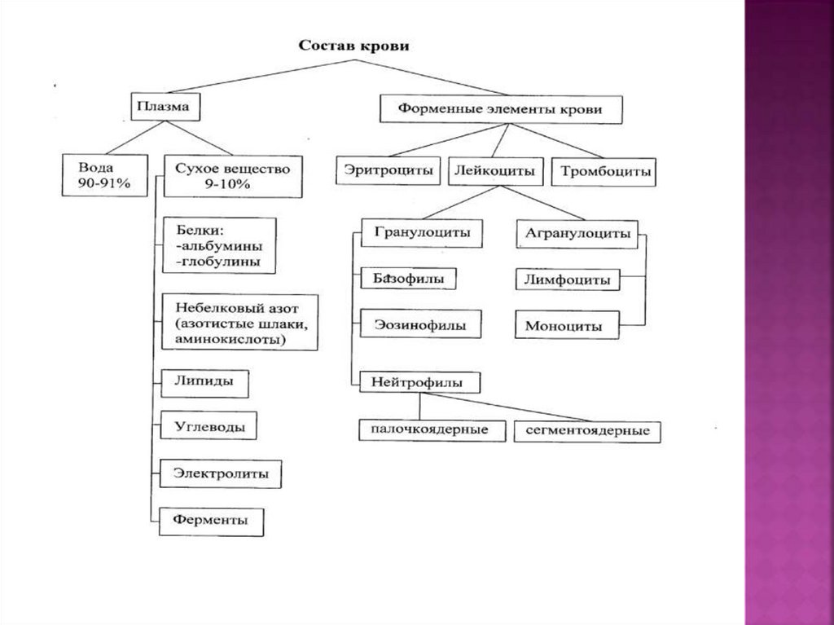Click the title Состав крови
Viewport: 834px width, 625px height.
coord(353,46)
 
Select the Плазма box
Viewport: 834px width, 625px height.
coord(165,107)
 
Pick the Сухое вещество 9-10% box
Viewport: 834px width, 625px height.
coord(233,176)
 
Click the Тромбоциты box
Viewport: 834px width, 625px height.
coord(604,172)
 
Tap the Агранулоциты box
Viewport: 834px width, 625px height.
coord(577,233)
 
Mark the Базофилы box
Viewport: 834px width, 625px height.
coord(409,279)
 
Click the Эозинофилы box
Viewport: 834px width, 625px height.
coord(420,324)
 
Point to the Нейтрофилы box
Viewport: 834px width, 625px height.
coord(416,381)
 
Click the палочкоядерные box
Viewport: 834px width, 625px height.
coord(434,429)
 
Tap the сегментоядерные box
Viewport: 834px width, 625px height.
coord(586,431)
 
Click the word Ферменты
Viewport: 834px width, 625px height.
coord(210,520)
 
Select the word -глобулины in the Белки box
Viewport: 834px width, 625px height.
coord(217,262)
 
